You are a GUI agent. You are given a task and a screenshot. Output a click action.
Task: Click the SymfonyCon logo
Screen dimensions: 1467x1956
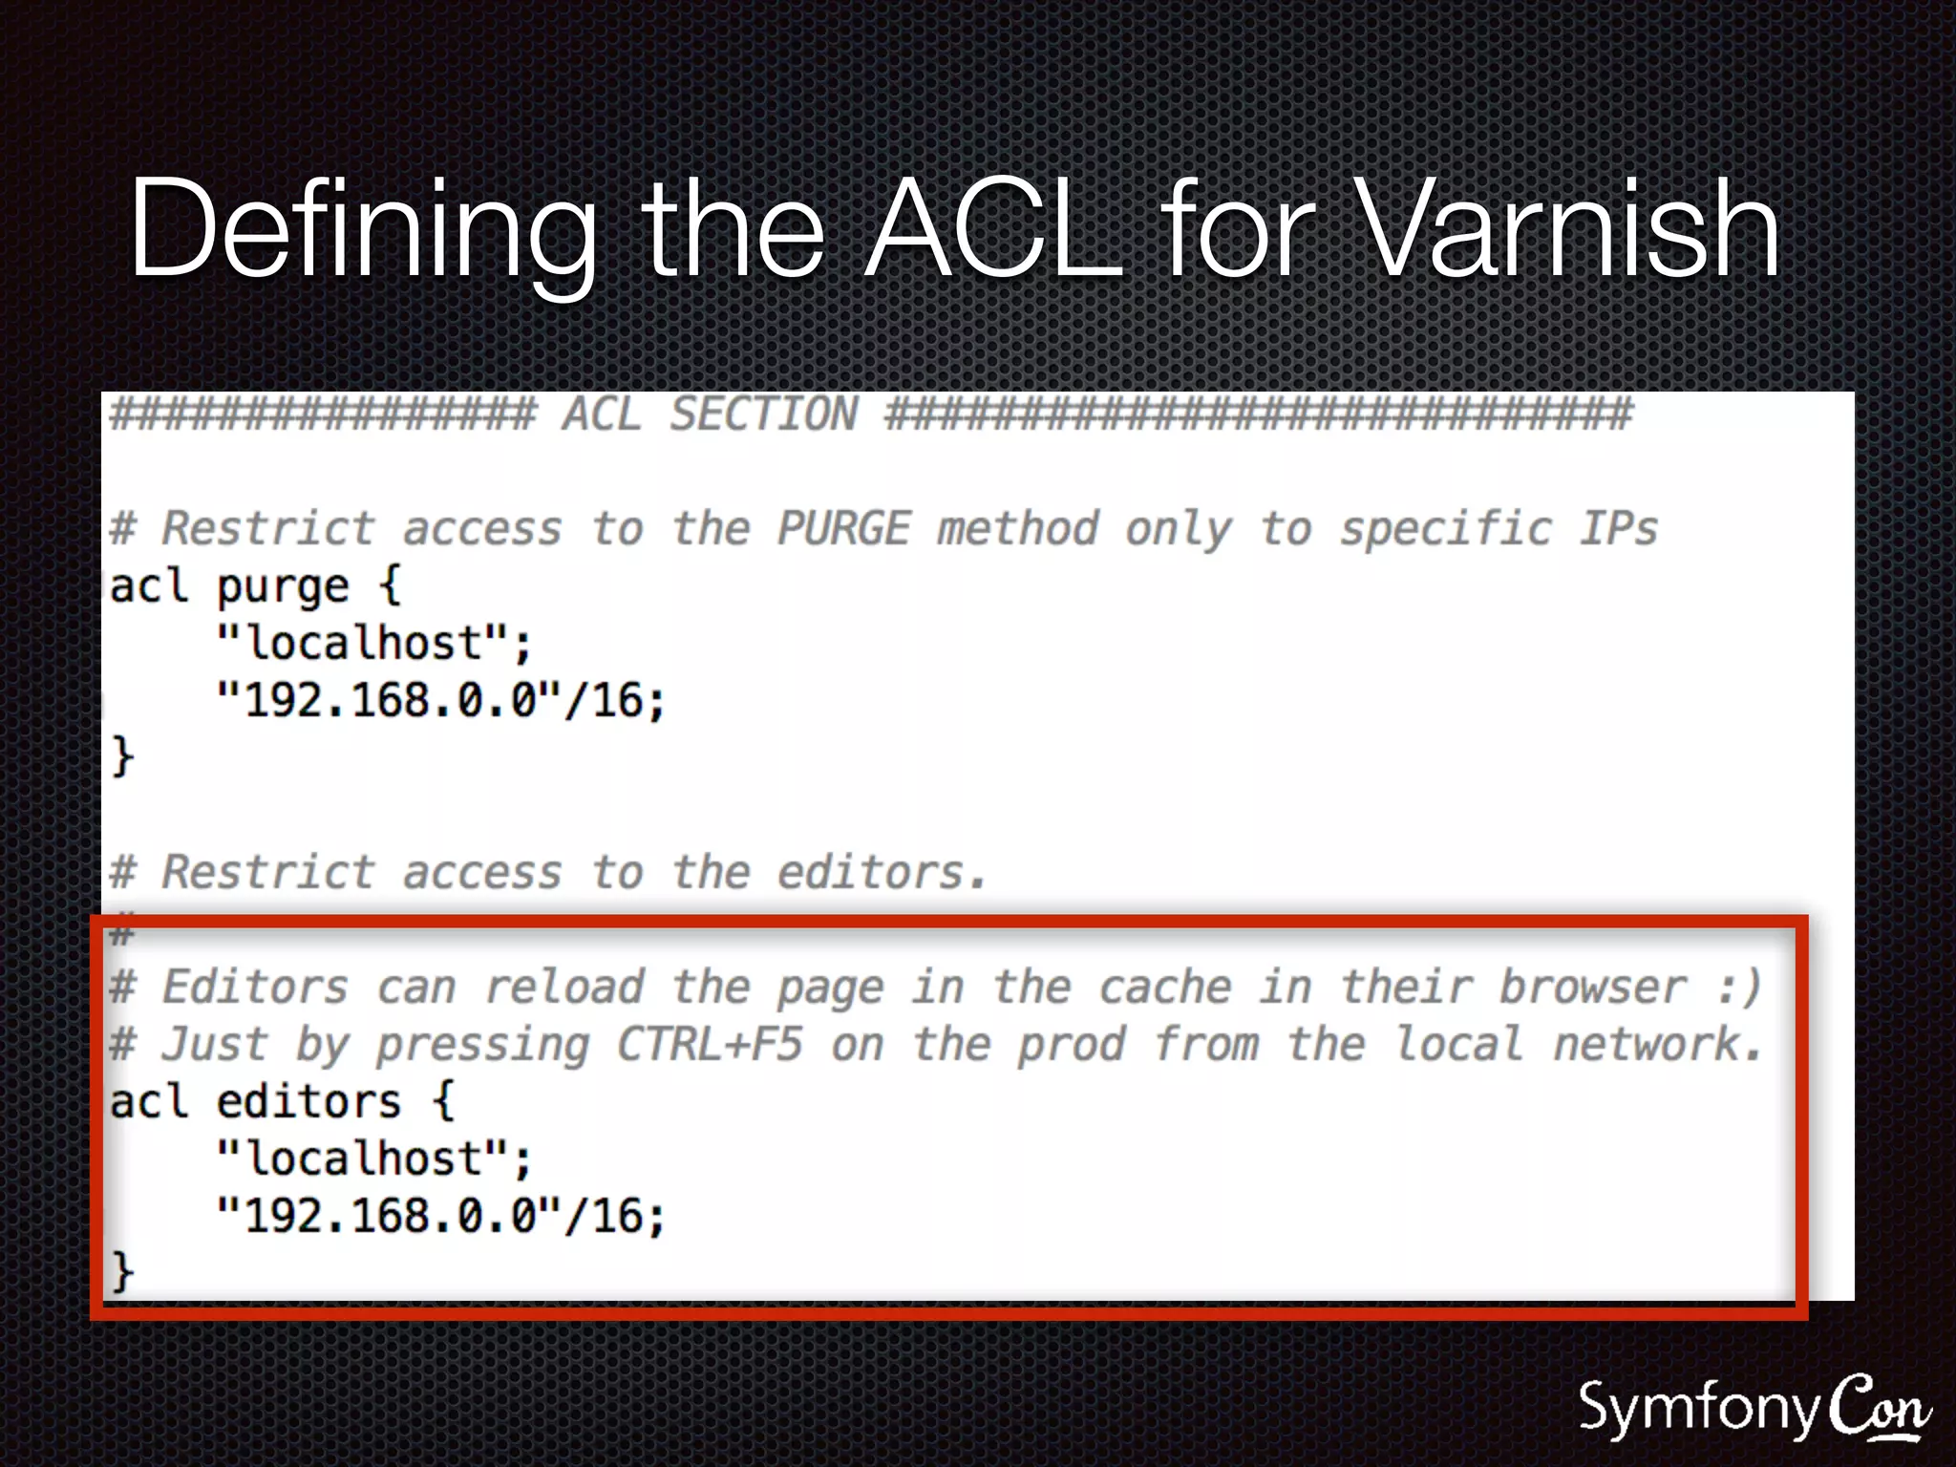[1754, 1408]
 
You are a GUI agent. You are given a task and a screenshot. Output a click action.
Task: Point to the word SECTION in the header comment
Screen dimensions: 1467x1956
[763, 415]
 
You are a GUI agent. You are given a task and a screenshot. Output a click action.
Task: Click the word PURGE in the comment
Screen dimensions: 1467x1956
[843, 529]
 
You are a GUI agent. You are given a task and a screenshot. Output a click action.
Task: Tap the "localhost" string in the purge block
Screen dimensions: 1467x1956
[373, 644]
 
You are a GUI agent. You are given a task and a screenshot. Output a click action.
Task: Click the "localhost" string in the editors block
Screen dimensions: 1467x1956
[373, 1159]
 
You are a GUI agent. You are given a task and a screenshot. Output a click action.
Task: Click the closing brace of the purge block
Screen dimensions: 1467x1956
[122, 757]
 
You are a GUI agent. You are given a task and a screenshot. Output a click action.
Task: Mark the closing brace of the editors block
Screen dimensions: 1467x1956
[122, 1272]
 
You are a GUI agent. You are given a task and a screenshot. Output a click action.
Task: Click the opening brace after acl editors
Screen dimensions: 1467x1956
[443, 1102]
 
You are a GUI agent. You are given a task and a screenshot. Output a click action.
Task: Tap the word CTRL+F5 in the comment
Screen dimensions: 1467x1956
[710, 1045]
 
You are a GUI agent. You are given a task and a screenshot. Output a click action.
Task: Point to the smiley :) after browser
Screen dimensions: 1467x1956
[1738, 988]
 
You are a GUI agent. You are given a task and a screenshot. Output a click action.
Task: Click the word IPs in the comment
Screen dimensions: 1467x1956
[1618, 529]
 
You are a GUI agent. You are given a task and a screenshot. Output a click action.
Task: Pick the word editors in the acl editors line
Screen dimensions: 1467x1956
[308, 1102]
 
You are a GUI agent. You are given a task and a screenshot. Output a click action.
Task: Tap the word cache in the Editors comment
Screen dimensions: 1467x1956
[1165, 988]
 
